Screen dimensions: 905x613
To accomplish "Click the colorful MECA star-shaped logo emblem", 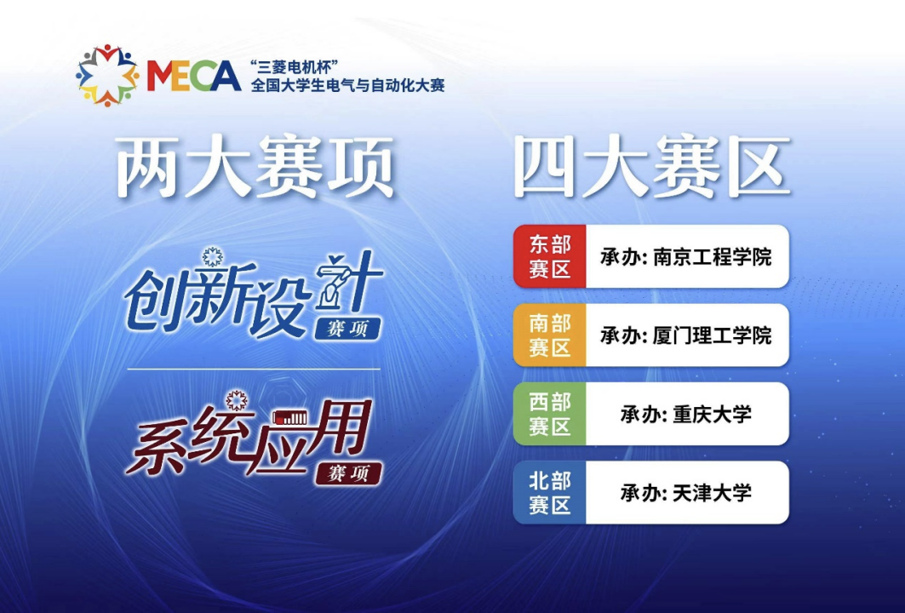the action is click(x=107, y=76).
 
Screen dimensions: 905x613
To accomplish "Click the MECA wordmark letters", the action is click(x=194, y=76).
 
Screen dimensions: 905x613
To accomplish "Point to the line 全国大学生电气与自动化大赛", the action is click(x=347, y=86).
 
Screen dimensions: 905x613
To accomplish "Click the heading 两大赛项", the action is click(x=255, y=167).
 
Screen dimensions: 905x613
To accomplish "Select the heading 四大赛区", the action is click(x=651, y=167).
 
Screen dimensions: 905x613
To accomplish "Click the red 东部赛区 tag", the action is click(x=549, y=256).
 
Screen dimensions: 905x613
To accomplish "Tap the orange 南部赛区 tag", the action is click(x=549, y=335).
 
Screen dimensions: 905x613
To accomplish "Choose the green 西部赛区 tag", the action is click(x=549, y=414).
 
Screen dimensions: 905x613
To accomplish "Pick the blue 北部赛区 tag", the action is click(x=549, y=492).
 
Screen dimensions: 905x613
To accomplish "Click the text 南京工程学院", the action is click(x=713, y=257).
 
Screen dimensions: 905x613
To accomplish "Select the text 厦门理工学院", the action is click(x=713, y=335).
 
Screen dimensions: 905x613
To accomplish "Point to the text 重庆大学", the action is click(x=713, y=414).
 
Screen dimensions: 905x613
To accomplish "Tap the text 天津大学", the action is click(x=713, y=492).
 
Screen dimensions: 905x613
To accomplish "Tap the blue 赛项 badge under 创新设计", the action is click(x=347, y=329).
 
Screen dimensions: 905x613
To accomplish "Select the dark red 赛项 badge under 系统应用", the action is click(x=348, y=473).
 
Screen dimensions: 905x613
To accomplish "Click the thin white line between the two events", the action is click(x=254, y=369).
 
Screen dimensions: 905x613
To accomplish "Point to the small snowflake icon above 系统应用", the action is click(x=237, y=400).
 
